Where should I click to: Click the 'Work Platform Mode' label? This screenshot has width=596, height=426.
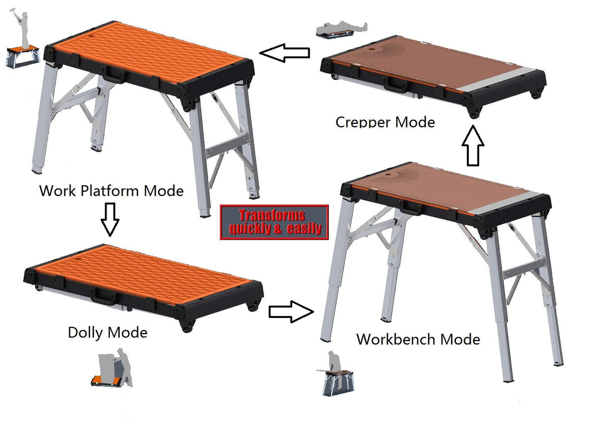coord(111,190)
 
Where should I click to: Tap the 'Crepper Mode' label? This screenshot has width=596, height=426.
coord(385,121)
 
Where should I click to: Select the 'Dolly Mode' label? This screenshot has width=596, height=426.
coord(108,333)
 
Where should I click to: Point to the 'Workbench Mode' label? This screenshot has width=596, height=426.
coord(418,339)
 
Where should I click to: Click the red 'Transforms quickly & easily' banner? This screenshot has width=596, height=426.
coord(274,222)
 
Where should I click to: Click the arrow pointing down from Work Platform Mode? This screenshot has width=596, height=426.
coord(110,219)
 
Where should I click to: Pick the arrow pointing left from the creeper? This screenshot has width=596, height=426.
coord(285,53)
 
